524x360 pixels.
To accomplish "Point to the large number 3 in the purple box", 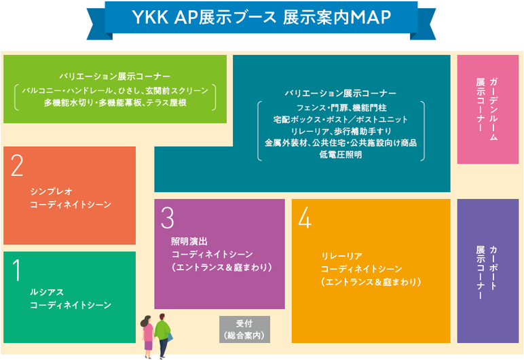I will pyautogui.click(x=168, y=217).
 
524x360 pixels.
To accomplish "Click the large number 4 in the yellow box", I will pyautogui.click(x=305, y=217).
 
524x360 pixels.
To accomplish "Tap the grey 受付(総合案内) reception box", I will pyautogui.click(x=244, y=329).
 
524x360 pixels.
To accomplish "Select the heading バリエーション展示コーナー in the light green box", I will pyautogui.click(x=114, y=75).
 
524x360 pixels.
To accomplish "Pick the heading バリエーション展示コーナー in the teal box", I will pyautogui.click(x=340, y=93).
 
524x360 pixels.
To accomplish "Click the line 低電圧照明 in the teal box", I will pyautogui.click(x=340, y=155).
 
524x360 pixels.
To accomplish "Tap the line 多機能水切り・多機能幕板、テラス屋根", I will pyautogui.click(x=114, y=103).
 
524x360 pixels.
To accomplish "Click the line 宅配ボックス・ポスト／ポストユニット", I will pyautogui.click(x=340, y=119).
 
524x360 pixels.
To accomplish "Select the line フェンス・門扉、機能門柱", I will pyautogui.click(x=340, y=107).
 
